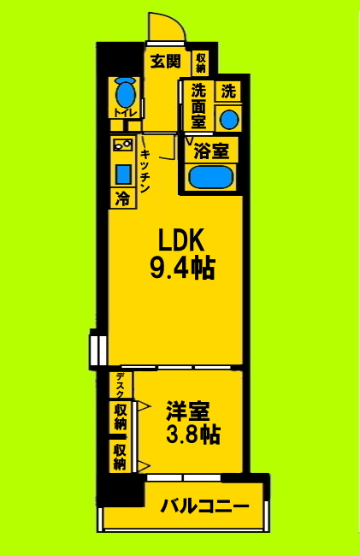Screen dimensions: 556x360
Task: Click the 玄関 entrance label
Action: pos(165,61)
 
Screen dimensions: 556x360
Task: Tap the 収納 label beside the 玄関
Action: pos(201,62)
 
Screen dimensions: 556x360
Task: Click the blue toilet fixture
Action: pos(125,91)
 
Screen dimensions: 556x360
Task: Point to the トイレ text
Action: pos(124,112)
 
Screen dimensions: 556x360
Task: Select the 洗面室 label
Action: pos(198,106)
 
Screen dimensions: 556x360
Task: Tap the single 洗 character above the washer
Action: pos(227,90)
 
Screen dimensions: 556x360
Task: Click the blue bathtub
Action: pos(210,177)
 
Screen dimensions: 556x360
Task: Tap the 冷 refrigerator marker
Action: pos(122,199)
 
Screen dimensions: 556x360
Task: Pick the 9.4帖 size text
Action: pos(182,270)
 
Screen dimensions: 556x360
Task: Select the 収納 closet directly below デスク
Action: pos(120,417)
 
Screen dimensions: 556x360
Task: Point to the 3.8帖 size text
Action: pos(192,435)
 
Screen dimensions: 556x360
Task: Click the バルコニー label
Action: pos(205,506)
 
